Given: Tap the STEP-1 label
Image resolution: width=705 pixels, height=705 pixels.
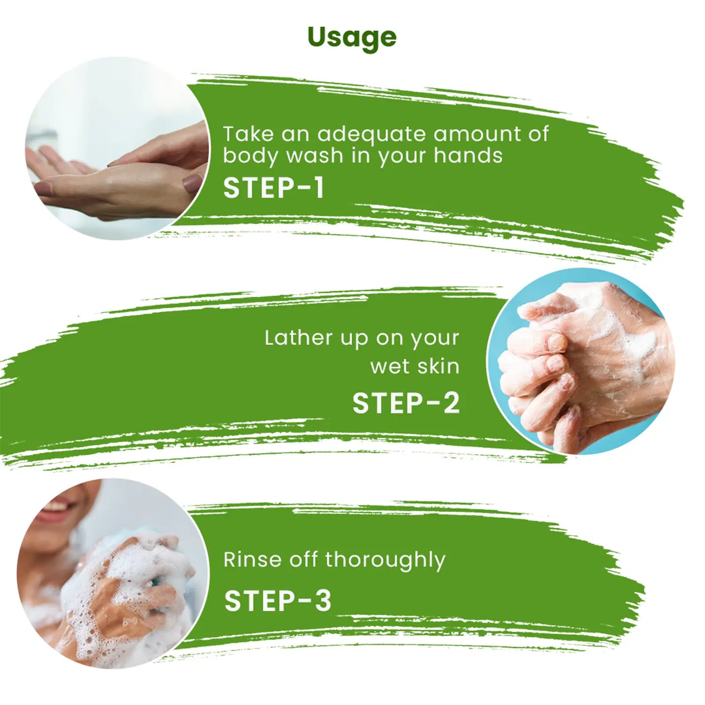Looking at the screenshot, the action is tap(274, 188).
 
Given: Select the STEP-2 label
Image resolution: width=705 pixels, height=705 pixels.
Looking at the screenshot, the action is tap(405, 403).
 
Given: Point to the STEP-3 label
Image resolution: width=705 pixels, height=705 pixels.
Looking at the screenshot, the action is tap(278, 601).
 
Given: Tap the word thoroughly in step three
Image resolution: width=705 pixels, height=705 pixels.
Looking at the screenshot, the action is tap(385, 562).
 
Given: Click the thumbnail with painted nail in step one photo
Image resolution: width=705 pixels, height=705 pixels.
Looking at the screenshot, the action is tap(192, 181).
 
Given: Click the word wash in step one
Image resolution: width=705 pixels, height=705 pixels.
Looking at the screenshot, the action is tap(314, 156).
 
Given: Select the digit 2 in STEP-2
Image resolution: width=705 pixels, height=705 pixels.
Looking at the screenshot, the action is tap(450, 403).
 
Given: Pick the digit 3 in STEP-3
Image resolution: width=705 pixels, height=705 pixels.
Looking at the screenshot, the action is tap(322, 601).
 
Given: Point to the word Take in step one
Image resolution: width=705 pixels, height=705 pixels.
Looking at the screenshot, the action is tap(248, 134).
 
